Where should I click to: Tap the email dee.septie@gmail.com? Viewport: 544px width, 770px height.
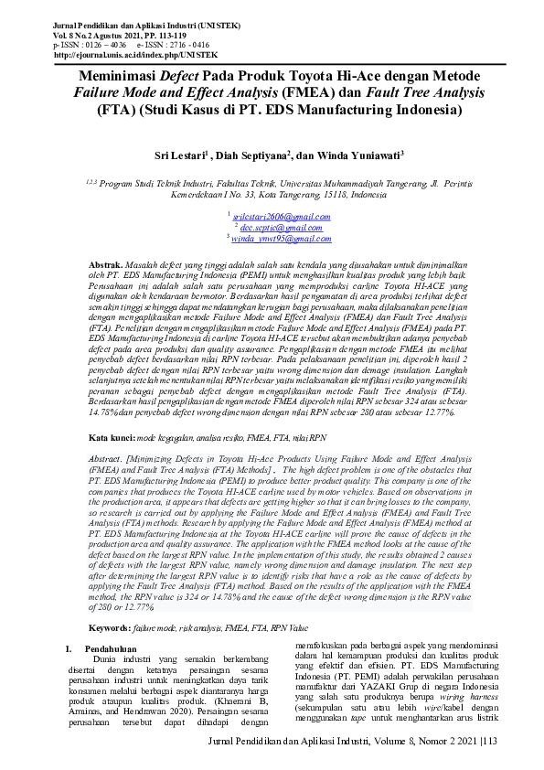point(272,226)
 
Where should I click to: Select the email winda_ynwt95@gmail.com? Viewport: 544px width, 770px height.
point(272,238)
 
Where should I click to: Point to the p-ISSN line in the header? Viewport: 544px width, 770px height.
point(91,45)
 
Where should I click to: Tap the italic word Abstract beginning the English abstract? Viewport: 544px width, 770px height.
point(104,455)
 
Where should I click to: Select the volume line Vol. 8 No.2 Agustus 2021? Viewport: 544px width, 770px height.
point(101,35)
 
